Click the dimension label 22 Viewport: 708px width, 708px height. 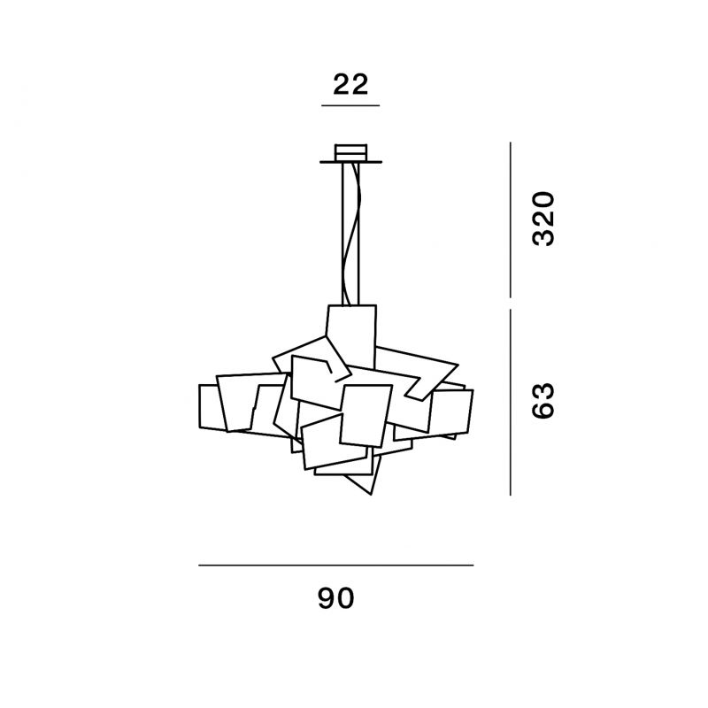350,84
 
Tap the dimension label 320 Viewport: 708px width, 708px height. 543,219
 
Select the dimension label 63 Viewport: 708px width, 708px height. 543,402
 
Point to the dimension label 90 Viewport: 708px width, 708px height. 336,599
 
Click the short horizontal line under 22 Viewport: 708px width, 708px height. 350,105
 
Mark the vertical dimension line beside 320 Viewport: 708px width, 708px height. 511,219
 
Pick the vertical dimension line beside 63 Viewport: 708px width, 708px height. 511,403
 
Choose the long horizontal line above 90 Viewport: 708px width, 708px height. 336,565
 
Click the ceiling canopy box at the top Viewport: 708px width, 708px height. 350,152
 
